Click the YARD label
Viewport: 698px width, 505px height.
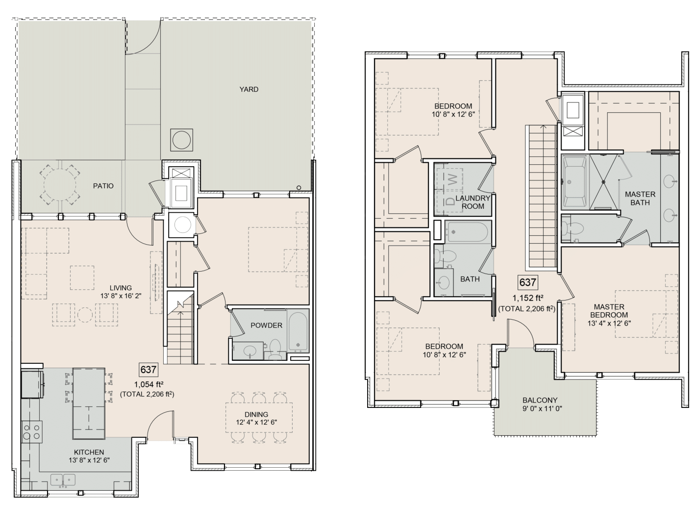coord(249,89)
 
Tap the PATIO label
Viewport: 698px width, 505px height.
coord(103,186)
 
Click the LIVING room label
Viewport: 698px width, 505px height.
coord(120,288)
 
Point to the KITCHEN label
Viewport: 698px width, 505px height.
coord(89,452)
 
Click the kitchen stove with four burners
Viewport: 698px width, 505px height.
coord(31,432)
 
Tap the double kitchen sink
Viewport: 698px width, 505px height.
coord(63,480)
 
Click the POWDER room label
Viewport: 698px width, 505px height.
coord(266,325)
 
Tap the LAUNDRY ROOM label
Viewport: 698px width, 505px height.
coord(473,202)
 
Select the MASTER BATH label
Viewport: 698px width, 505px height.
coord(640,198)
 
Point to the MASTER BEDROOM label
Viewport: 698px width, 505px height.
coord(609,311)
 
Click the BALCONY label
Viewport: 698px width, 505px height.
coord(540,400)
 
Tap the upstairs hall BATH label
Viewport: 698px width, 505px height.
coord(470,279)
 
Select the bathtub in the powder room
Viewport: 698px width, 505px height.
coord(298,332)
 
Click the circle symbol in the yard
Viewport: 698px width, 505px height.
coord(181,140)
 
